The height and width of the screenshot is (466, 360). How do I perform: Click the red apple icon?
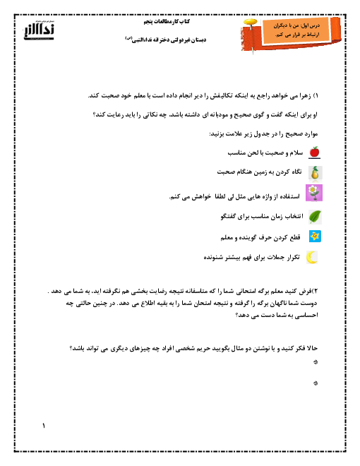tap(314, 153)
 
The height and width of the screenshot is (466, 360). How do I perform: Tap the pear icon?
tap(315, 173)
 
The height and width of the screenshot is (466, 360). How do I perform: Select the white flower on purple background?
tap(314, 193)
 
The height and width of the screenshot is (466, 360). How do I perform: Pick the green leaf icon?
tap(315, 217)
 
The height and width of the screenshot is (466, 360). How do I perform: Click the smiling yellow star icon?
tap(315, 237)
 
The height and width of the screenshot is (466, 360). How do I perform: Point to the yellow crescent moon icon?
tap(312, 258)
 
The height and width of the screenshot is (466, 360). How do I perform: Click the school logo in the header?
tap(39, 30)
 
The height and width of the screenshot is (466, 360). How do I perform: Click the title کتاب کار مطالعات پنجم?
tap(167, 22)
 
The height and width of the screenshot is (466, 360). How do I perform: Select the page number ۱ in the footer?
tap(44, 426)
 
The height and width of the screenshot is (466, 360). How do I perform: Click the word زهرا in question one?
tap(304, 96)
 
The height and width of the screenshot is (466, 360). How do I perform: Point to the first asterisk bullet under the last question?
tap(316, 362)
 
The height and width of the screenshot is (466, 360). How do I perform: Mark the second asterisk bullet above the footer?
tap(316, 383)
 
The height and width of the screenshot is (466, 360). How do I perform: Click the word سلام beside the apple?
tap(296, 153)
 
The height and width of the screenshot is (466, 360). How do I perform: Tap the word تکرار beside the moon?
tap(294, 258)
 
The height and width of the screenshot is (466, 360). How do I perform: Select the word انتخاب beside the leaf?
tap(294, 216)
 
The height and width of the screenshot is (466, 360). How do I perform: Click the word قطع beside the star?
tap(295, 237)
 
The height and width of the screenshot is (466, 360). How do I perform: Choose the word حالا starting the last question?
tap(313, 348)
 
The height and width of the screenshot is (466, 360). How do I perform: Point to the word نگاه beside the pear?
tap(296, 172)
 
